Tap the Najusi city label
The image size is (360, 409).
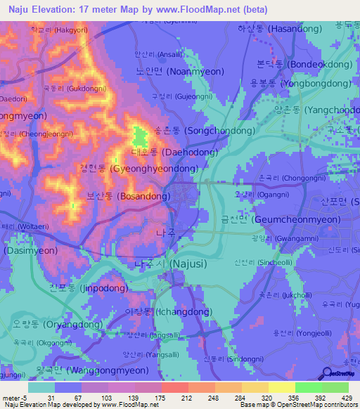[x=167, y=264]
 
